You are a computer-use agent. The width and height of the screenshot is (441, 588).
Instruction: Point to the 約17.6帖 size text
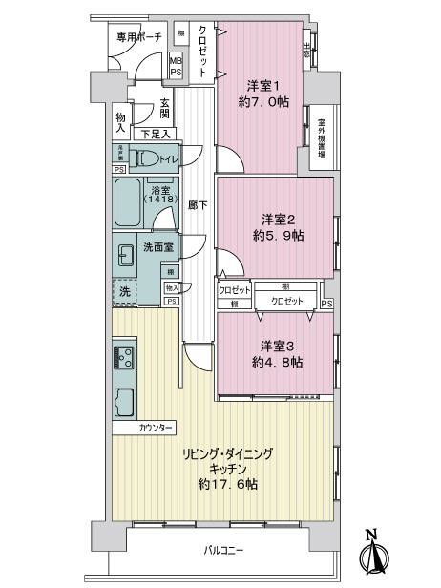pyautogui.click(x=228, y=485)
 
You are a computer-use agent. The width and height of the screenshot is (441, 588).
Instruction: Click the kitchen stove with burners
pyautogui.click(x=124, y=358)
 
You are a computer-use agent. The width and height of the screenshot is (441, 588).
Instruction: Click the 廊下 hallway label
pyautogui.click(x=197, y=205)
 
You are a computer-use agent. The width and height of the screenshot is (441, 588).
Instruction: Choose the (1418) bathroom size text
pyautogui.click(x=158, y=199)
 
